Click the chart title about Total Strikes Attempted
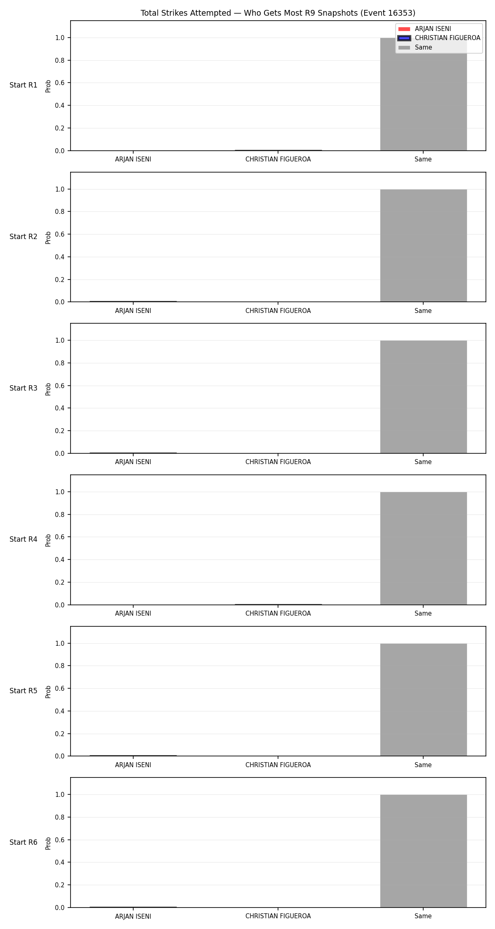click(x=278, y=13)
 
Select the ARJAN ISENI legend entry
click(x=425, y=29)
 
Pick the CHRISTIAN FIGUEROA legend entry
click(x=439, y=38)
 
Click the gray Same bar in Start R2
click(x=423, y=246)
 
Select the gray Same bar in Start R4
click(x=423, y=548)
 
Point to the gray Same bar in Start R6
click(x=423, y=851)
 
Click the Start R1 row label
click(x=24, y=85)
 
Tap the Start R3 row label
click(x=24, y=388)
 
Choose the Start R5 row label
click(x=24, y=691)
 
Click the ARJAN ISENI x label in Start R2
click(x=133, y=311)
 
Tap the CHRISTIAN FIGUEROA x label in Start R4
click(x=278, y=614)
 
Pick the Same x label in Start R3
click(x=423, y=462)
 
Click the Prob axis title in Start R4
click(x=48, y=540)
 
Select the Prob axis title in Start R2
click(x=48, y=237)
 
